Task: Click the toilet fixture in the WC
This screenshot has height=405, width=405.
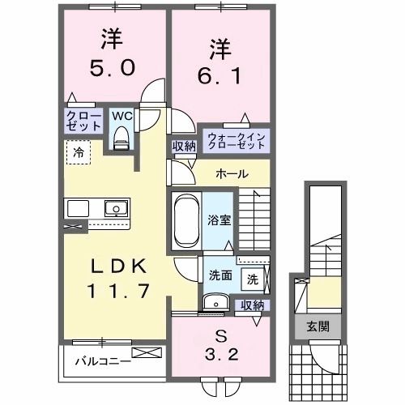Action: [x=122, y=140]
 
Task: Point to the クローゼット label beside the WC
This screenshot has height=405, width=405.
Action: [x=83, y=122]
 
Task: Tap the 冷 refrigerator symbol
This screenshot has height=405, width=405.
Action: [x=79, y=151]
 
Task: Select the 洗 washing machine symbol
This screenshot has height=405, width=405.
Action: [x=252, y=279]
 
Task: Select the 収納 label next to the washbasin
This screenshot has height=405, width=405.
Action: [x=251, y=305]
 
